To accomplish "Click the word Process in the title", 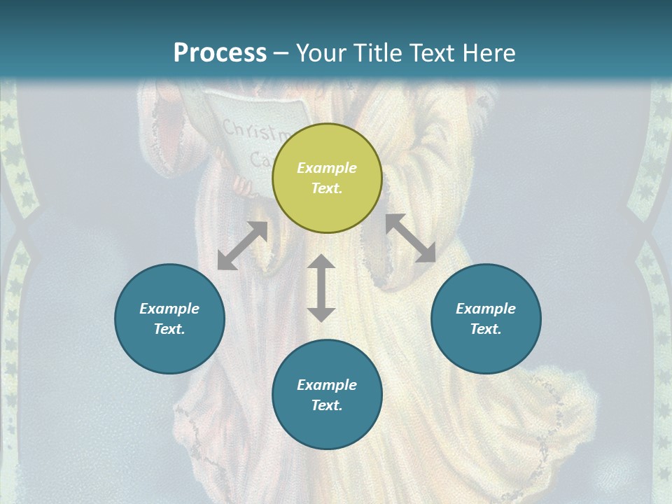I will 220,52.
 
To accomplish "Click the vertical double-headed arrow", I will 321,288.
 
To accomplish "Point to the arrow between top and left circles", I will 242,246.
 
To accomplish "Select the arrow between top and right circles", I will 410,238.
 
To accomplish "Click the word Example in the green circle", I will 327,168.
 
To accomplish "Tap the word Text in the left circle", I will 169,329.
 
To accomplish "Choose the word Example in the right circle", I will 486,309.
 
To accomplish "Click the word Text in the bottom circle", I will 327,405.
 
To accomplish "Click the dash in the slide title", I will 281,52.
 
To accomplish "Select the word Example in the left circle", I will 169,309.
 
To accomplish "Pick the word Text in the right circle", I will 486,329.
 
